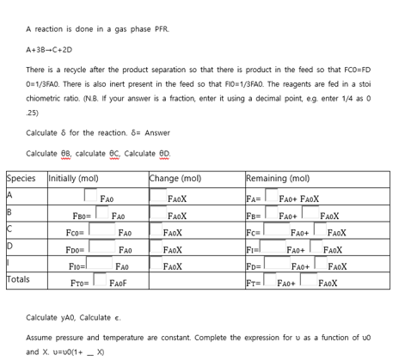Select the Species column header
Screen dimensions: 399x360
pyautogui.click(x=21, y=179)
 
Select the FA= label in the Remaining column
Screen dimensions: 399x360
pyautogui.click(x=252, y=200)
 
